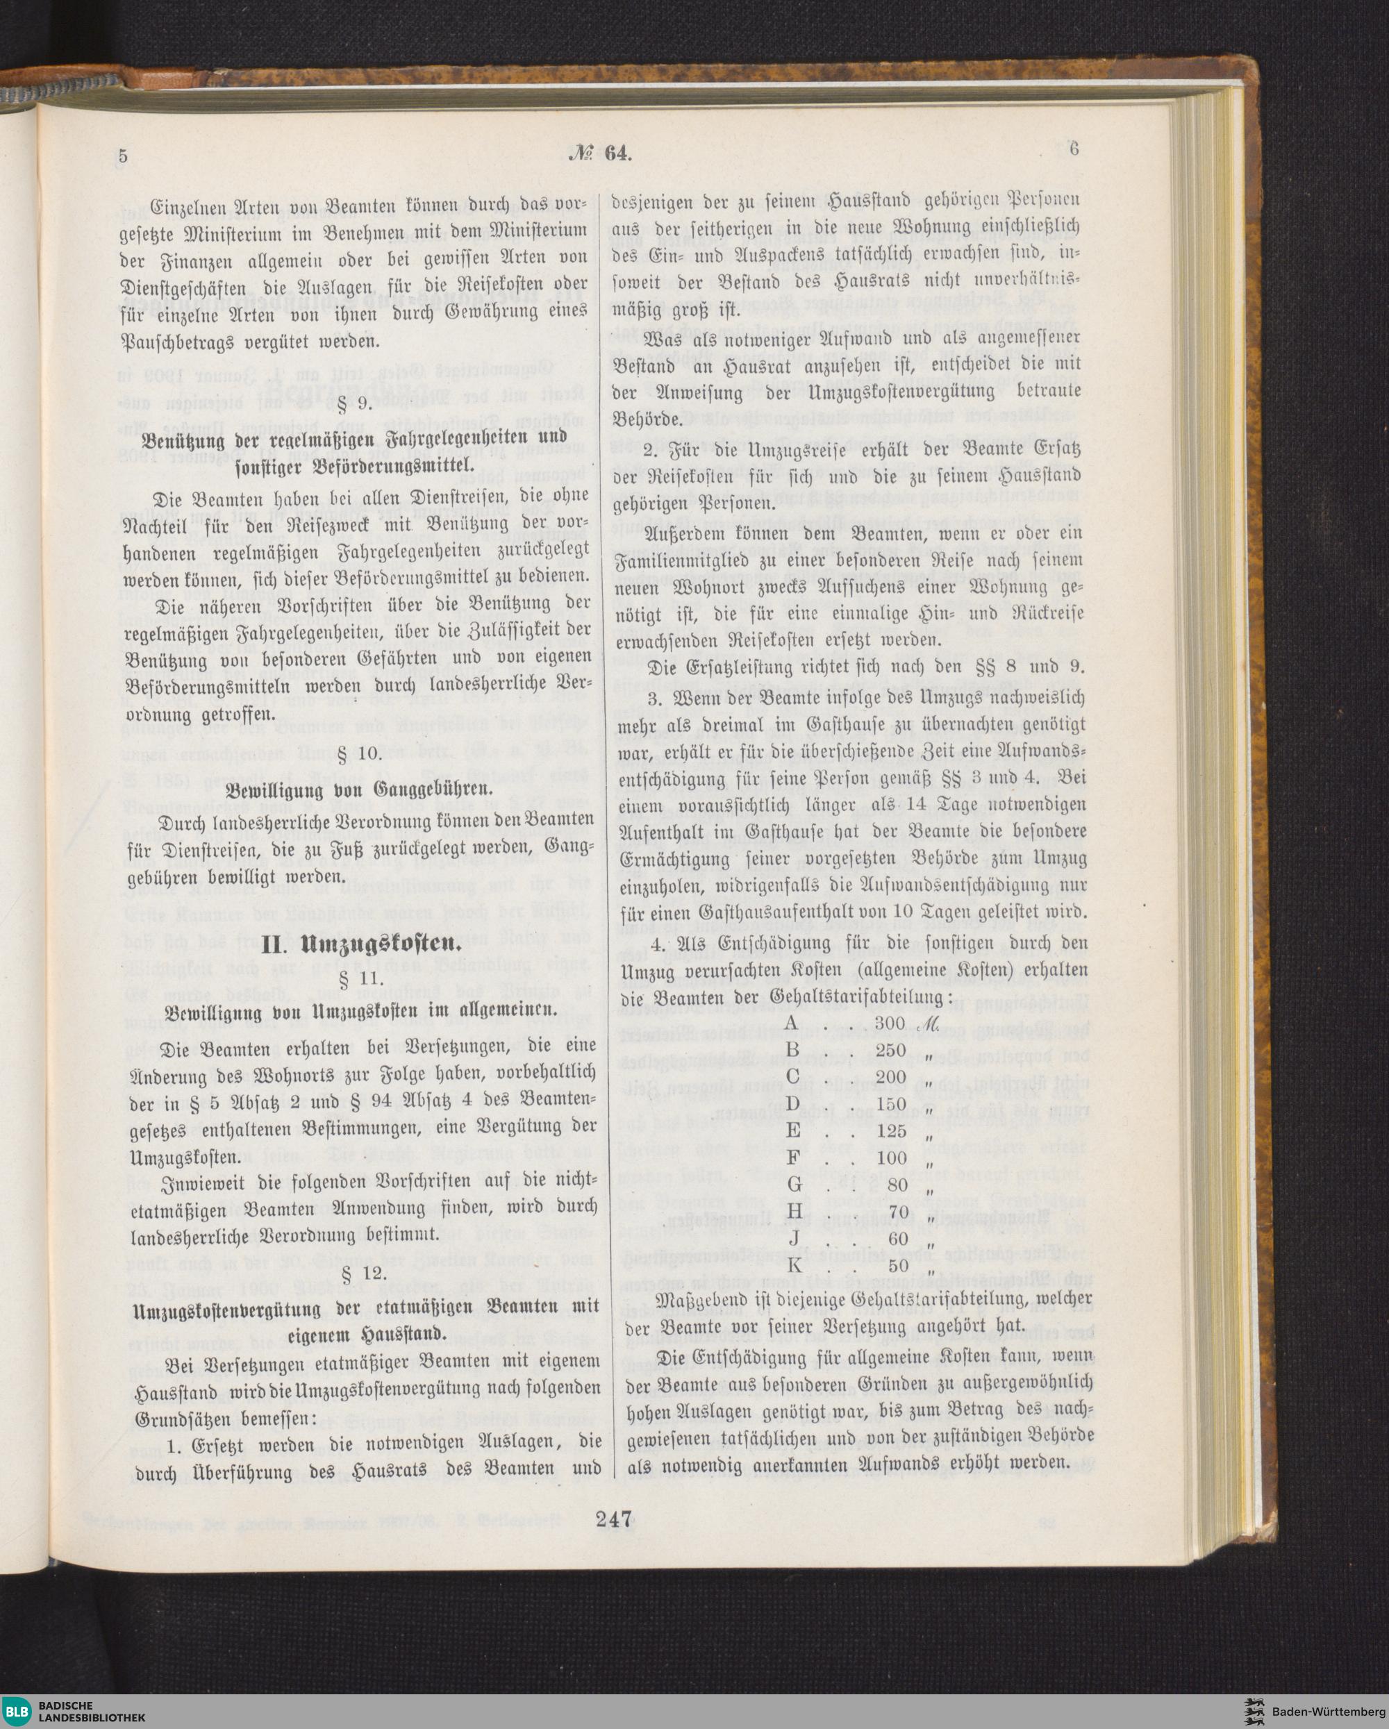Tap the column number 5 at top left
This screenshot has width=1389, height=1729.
coord(123,156)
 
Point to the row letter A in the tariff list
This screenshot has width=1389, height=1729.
coord(792,1024)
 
